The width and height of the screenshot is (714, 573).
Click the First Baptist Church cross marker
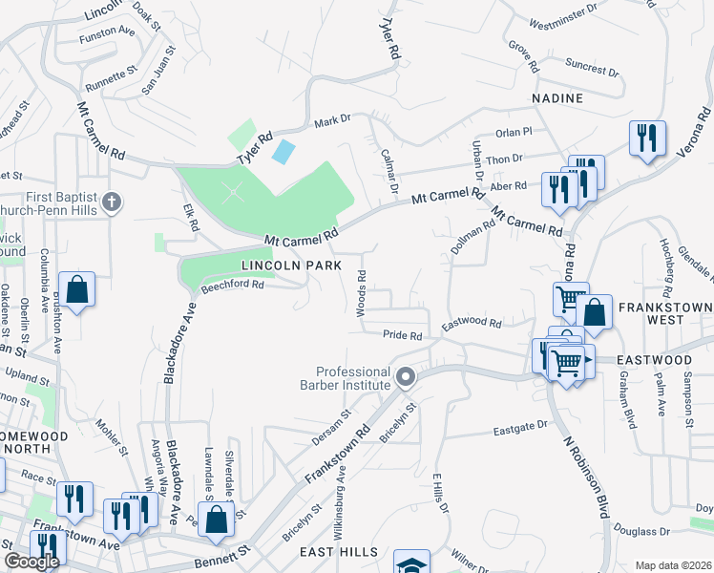click(112, 202)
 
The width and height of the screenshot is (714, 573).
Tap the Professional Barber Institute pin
click(405, 378)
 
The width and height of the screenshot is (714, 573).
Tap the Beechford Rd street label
click(232, 286)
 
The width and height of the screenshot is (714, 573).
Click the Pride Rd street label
click(402, 336)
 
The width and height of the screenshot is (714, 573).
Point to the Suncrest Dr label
click(591, 69)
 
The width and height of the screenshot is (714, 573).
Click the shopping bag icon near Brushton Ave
click(76, 288)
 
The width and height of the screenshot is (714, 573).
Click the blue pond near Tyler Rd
click(283, 150)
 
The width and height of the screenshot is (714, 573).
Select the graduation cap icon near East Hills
click(411, 563)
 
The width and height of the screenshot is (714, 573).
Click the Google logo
click(31, 562)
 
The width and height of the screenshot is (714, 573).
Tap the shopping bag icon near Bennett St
click(217, 520)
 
